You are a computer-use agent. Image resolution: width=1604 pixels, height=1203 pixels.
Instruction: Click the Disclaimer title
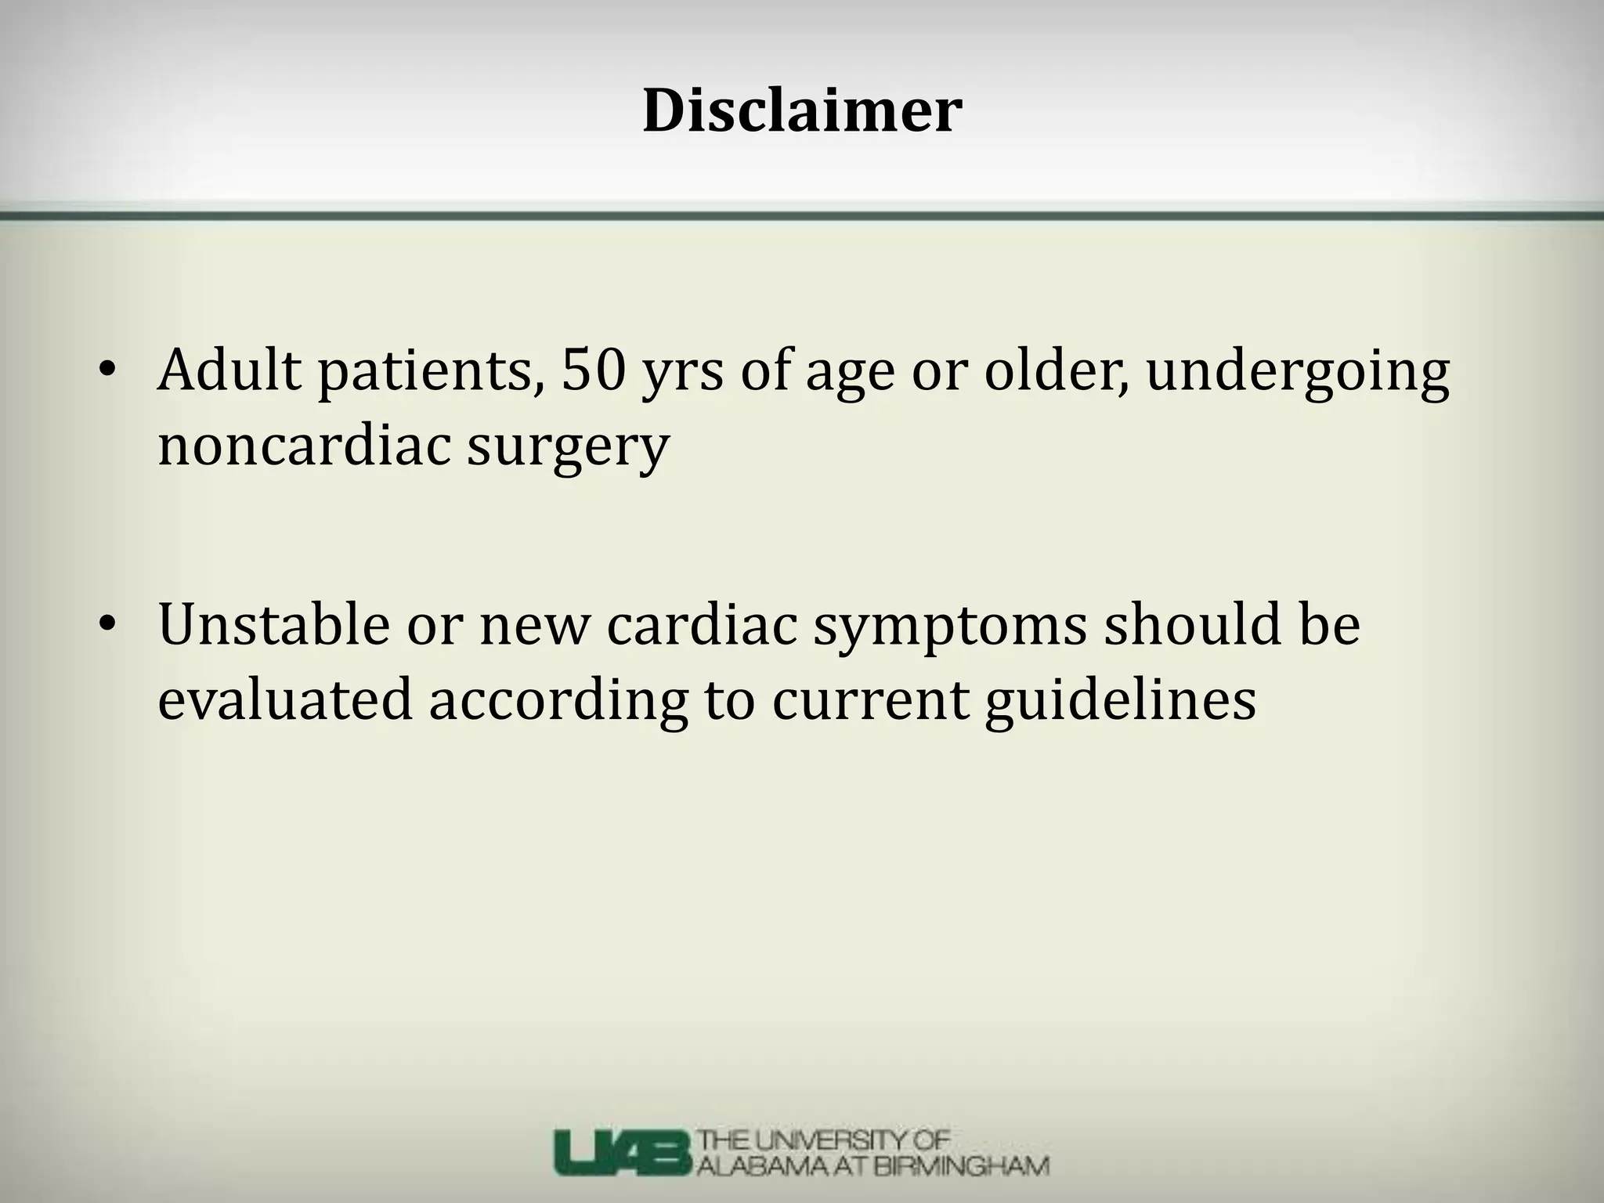pyautogui.click(x=802, y=111)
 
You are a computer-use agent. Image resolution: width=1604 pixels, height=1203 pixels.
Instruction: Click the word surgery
pyautogui.click(x=569, y=450)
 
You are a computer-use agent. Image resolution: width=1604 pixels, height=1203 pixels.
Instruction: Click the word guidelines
pyautogui.click(x=1120, y=701)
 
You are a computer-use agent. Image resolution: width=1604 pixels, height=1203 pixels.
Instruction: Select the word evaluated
pyautogui.click(x=284, y=699)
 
